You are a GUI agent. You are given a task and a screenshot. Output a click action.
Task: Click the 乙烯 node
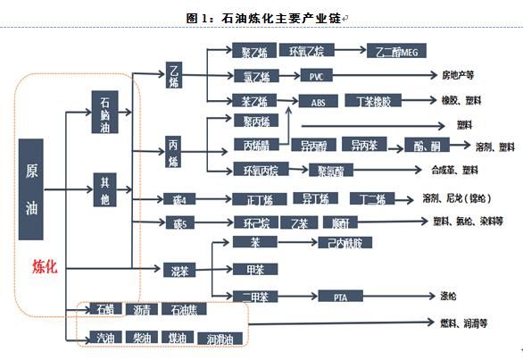(x=176, y=76)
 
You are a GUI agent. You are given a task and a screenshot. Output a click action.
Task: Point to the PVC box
(x=318, y=76)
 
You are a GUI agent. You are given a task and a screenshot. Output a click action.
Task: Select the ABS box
(x=318, y=102)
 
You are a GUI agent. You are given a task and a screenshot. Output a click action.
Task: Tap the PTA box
(x=340, y=296)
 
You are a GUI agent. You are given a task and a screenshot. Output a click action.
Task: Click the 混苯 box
(x=178, y=269)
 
